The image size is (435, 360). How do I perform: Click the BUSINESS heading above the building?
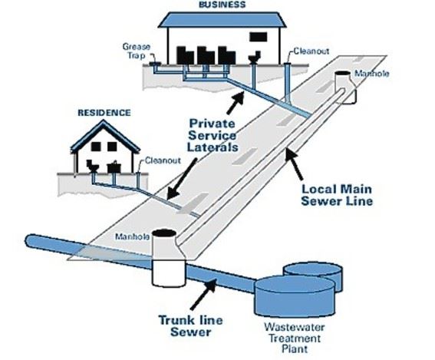click(222, 5)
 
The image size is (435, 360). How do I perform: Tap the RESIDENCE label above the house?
click(104, 113)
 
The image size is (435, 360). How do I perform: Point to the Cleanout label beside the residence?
click(163, 160)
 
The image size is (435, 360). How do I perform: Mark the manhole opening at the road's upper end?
click(344, 79)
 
